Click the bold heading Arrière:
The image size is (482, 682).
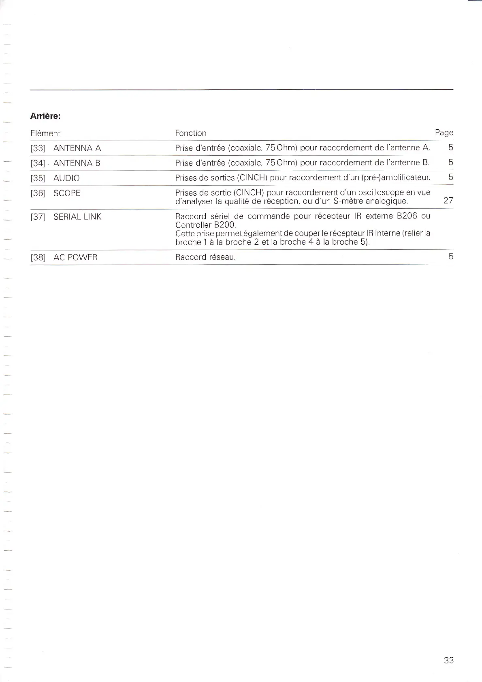(45, 116)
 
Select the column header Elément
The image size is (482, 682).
(45, 133)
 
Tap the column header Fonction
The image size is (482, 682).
(191, 133)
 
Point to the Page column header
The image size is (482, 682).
(444, 133)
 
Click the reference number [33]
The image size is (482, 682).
(38, 148)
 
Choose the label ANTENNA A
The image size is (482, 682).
(77, 148)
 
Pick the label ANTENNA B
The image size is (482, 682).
(77, 163)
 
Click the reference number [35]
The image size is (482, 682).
(38, 178)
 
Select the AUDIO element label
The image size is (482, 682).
(66, 178)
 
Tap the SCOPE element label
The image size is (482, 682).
(67, 193)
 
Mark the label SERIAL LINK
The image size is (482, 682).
(77, 217)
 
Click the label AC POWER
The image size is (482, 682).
(75, 257)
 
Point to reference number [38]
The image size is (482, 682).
(38, 257)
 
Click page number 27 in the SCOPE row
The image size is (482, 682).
(448, 201)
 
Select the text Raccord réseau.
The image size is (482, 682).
(205, 257)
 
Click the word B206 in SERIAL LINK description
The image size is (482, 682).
(407, 216)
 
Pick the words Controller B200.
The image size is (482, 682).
(205, 225)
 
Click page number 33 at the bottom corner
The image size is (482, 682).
(449, 660)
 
